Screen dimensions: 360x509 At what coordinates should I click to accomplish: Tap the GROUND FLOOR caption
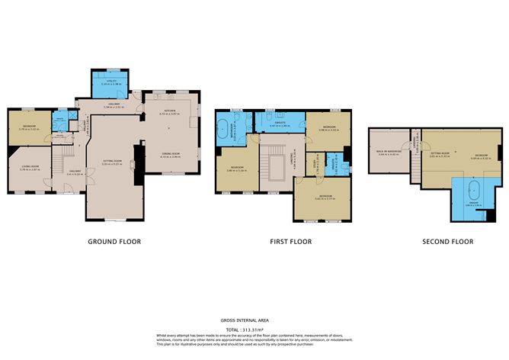coord(114,242)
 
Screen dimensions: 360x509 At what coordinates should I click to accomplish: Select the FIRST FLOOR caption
coord(290,242)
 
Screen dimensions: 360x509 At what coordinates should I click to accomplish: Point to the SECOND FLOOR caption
coord(447,242)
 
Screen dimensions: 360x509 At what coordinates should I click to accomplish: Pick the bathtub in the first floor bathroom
coord(227,127)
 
